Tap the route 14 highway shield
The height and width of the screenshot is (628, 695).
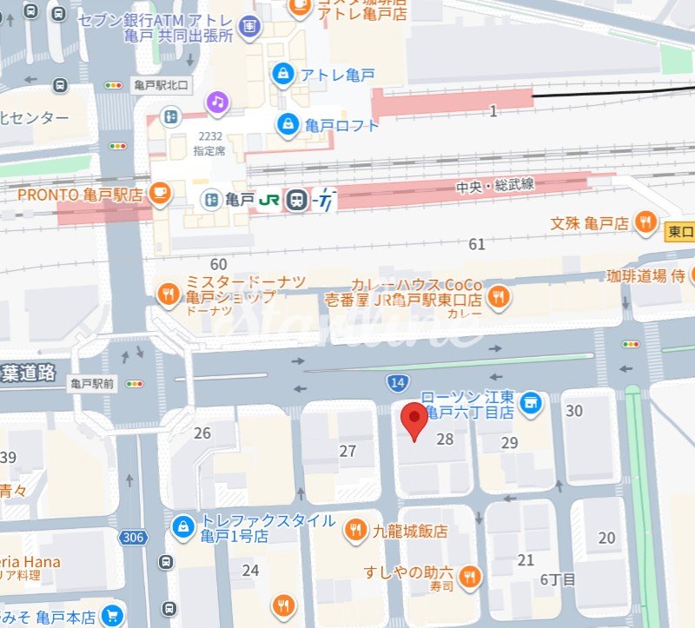click(395, 381)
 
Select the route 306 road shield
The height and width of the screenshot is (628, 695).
click(133, 538)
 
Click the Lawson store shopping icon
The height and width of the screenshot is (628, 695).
click(531, 402)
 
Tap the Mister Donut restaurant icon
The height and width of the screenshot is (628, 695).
click(168, 295)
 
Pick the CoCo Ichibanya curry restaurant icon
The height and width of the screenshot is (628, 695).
click(498, 298)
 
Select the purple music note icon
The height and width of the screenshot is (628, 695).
click(217, 102)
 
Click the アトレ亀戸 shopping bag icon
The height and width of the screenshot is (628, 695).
click(282, 75)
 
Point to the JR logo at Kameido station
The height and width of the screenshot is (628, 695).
click(269, 200)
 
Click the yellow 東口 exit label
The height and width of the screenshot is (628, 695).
click(680, 231)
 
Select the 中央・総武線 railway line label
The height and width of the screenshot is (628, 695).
click(495, 186)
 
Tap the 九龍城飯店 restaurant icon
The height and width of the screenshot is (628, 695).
click(355, 530)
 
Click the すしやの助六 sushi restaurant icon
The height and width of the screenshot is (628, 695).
click(469, 576)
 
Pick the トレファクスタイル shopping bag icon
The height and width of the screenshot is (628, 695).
click(182, 526)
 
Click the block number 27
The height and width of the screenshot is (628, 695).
click(347, 451)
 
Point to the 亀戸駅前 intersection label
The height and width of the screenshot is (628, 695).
click(93, 382)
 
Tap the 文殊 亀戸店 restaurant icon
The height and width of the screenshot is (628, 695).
click(645, 222)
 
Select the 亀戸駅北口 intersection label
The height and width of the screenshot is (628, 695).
click(161, 85)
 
